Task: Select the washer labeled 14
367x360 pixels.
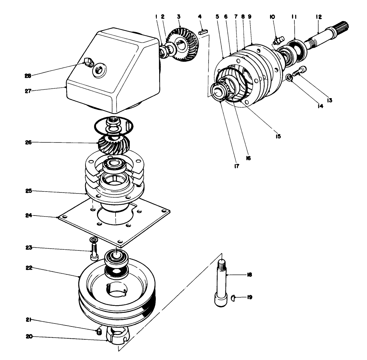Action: (x=289, y=78)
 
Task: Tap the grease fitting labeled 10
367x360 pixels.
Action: (x=277, y=41)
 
